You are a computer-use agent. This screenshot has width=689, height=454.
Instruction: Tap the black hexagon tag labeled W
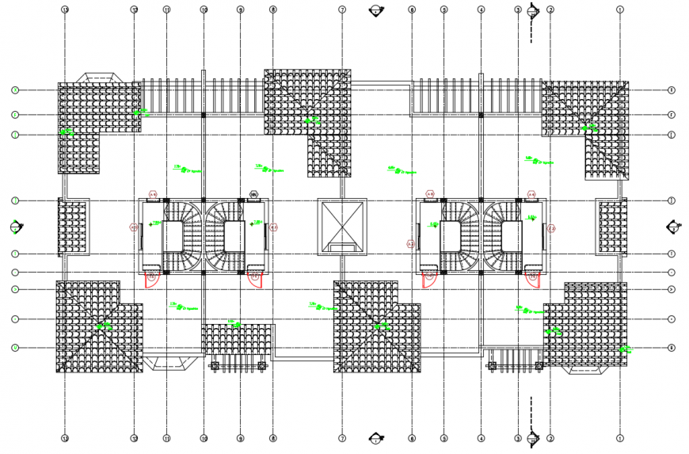[253, 193]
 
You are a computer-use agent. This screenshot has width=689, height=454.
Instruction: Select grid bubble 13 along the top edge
[65, 10]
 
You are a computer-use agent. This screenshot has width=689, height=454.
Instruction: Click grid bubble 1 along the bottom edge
[620, 437]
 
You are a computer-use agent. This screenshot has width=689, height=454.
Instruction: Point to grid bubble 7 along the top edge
[342, 10]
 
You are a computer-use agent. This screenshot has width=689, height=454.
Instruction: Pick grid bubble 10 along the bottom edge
[204, 437]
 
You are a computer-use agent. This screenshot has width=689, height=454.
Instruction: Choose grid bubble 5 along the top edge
[444, 10]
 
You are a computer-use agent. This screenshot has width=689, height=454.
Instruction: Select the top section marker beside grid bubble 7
[376, 10]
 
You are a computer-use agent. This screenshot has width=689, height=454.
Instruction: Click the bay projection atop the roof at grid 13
[98, 77]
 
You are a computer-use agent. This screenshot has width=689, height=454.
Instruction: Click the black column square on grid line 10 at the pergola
[204, 115]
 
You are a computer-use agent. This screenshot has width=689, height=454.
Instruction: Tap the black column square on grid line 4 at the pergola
[481, 115]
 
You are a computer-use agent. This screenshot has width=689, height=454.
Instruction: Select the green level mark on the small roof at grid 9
[235, 323]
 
